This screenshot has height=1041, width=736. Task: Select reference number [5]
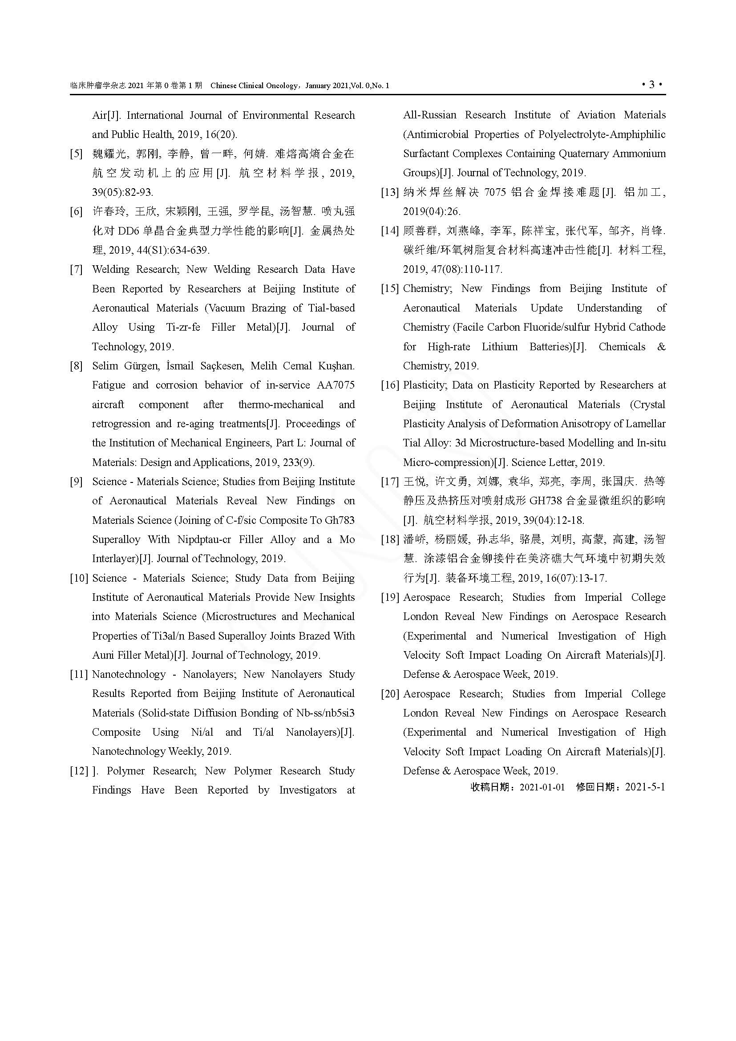pos(76,154)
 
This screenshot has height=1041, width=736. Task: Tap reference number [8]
pos(76,366)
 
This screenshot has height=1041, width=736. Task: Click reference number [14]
pos(389,231)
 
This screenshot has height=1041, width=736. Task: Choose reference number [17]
pos(389,482)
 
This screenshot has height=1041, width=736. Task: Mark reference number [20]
pos(389,694)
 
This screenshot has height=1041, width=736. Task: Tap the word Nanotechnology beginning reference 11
pos(129,674)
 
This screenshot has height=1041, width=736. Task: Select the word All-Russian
pos(430,115)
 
